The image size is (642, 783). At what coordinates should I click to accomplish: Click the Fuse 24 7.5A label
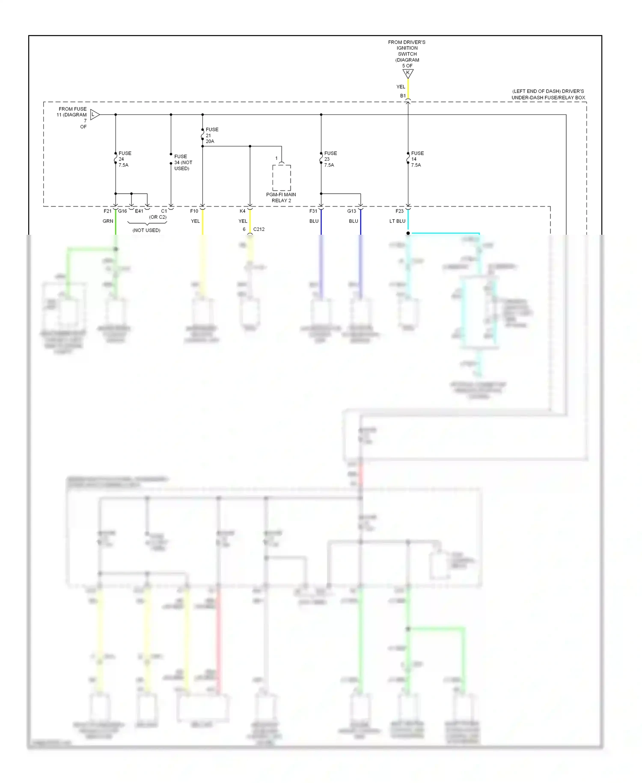[125, 159]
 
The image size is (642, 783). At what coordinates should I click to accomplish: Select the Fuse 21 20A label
[211, 135]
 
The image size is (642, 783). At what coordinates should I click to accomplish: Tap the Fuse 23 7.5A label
[330, 159]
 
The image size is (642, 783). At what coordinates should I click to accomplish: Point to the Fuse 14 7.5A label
[417, 159]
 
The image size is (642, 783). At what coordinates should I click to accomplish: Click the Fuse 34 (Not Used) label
[183, 162]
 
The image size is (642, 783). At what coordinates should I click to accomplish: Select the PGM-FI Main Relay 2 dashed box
[282, 178]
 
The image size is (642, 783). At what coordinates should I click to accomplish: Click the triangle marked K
[408, 74]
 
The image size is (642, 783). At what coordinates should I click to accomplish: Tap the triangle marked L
[95, 115]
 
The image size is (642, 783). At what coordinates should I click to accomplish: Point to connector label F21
[107, 211]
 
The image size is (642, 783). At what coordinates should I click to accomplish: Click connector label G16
[122, 211]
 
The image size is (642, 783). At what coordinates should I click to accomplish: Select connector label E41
[139, 211]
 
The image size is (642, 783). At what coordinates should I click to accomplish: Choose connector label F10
[194, 211]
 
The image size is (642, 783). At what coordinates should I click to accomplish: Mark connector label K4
[242, 211]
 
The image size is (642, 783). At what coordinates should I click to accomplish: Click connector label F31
[313, 211]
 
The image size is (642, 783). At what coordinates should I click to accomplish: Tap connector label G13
[351, 211]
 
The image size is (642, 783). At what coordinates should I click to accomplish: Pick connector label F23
[399, 211]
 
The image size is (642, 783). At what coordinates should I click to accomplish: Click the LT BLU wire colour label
[397, 221]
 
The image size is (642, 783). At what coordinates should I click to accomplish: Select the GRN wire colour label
[108, 221]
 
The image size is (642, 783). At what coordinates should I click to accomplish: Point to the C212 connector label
[259, 229]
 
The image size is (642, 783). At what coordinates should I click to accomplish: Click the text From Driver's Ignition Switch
[407, 48]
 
